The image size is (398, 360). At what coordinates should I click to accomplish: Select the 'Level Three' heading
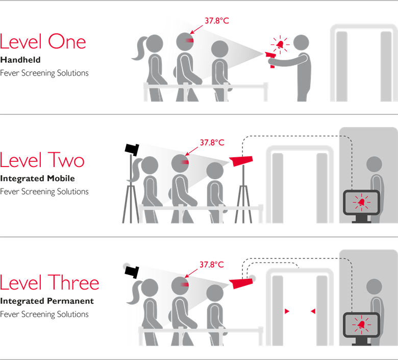49,282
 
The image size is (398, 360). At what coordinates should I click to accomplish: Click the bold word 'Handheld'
20,60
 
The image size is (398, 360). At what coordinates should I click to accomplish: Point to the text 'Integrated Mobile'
37,179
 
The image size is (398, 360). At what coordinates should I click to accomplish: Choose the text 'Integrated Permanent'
47,301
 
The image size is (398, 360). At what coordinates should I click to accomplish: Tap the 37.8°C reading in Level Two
212,142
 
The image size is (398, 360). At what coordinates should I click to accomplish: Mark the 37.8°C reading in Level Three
211,265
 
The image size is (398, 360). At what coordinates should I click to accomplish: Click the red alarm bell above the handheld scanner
280,44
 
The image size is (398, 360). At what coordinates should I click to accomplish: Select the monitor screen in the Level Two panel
361,202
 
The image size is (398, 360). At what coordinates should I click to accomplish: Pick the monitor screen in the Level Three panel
361,325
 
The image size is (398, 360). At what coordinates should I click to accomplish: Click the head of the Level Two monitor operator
375,164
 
